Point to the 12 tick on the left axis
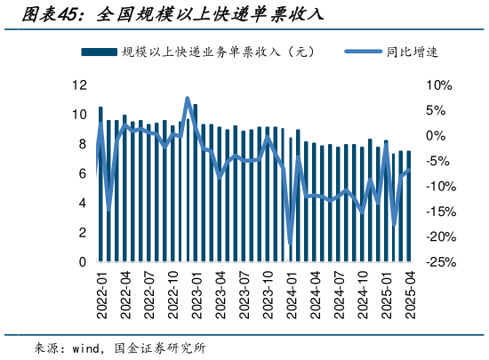(x=79, y=85)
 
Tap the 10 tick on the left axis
(x=79, y=115)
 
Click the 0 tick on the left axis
(x=83, y=262)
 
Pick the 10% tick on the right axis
(x=439, y=85)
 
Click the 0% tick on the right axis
(x=437, y=136)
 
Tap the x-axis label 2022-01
(x=100, y=293)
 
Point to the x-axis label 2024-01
(x=292, y=293)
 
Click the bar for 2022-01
(x=100, y=185)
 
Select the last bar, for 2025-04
(x=409, y=206)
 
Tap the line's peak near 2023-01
(x=188, y=99)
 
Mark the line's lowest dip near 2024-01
(x=291, y=245)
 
